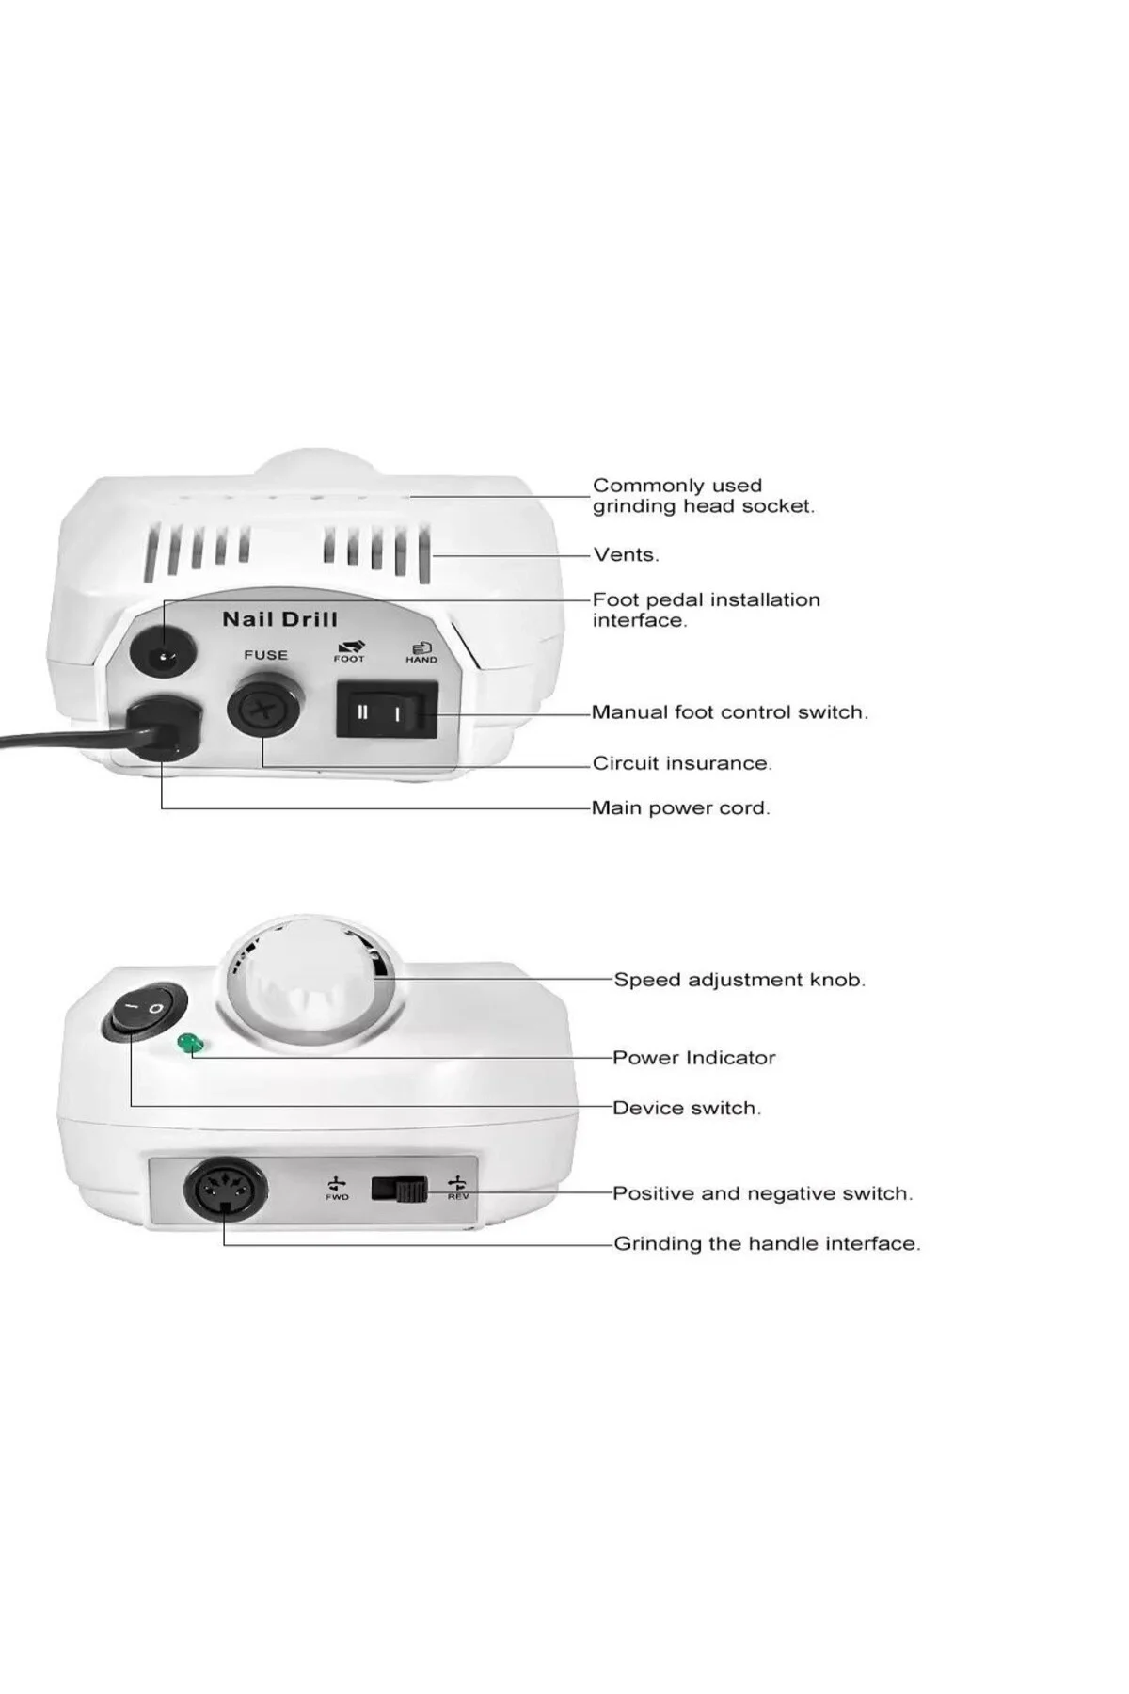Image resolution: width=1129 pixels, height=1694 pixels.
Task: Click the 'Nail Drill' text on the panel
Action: pyautogui.click(x=279, y=619)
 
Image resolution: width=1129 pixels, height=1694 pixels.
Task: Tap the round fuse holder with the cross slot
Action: pyautogui.click(x=264, y=710)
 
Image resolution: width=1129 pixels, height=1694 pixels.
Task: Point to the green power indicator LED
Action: pyautogui.click(x=189, y=1043)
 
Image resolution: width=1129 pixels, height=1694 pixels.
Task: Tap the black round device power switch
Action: pyautogui.click(x=145, y=1012)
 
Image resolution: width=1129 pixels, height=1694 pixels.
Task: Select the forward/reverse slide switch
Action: pyautogui.click(x=399, y=1190)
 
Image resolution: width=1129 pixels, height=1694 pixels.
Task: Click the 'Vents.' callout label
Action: pyautogui.click(x=627, y=554)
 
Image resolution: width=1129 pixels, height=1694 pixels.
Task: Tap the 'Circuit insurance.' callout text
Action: pyautogui.click(x=682, y=763)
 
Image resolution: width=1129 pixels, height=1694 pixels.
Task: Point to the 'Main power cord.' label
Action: pyautogui.click(x=680, y=808)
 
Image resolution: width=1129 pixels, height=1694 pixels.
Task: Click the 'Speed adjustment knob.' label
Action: pyautogui.click(x=739, y=980)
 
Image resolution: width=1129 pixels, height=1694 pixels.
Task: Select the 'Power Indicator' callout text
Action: pyautogui.click(x=694, y=1058)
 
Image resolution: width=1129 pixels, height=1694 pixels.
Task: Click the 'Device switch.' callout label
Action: pyautogui.click(x=687, y=1108)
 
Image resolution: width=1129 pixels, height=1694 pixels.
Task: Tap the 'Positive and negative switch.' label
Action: pyautogui.click(x=763, y=1193)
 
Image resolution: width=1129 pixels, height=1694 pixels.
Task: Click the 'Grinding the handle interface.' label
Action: pyautogui.click(x=768, y=1243)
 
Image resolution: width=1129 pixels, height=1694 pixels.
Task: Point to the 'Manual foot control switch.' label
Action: pyautogui.click(x=730, y=712)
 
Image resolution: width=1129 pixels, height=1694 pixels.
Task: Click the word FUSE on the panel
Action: pyautogui.click(x=265, y=655)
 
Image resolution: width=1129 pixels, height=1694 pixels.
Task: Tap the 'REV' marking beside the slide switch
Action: pyautogui.click(x=458, y=1196)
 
